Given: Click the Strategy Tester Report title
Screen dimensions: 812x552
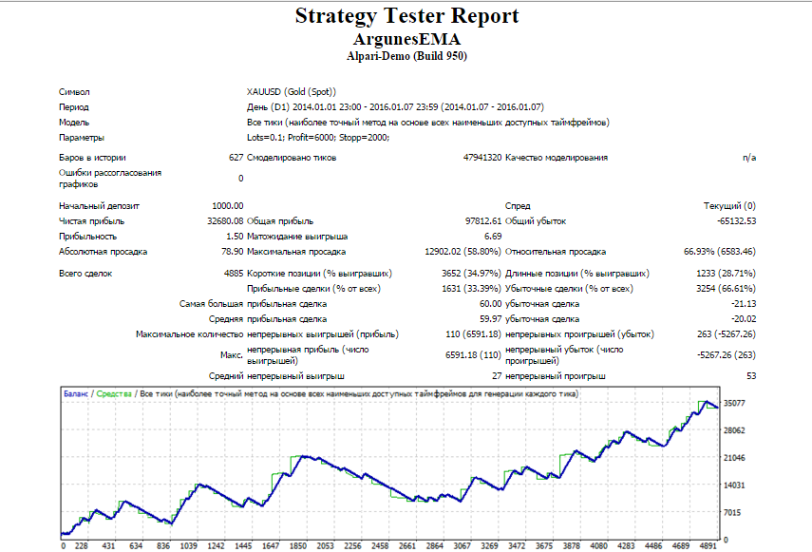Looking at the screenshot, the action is [x=406, y=16].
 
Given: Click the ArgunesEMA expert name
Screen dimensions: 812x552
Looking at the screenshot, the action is [x=406, y=39].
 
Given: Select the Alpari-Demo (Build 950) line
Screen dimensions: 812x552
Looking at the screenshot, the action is [x=406, y=56].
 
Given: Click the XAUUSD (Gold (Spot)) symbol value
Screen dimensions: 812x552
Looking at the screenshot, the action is [x=292, y=91].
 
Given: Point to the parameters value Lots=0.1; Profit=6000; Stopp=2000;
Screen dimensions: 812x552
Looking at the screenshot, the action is [x=318, y=137].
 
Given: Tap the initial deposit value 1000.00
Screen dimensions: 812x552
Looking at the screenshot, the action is [x=227, y=205].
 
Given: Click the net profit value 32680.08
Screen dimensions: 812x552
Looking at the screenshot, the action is [x=225, y=221].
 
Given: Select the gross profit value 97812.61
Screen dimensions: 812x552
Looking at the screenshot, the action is [x=483, y=221].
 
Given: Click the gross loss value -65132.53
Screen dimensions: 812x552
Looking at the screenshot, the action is [x=736, y=221].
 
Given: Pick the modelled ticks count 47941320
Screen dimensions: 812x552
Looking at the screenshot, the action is [x=482, y=158].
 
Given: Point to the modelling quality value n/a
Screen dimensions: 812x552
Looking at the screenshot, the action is [x=748, y=158].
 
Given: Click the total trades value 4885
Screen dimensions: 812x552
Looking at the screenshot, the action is [x=233, y=274].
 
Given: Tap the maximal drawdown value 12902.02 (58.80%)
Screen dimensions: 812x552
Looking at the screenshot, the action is [x=463, y=252].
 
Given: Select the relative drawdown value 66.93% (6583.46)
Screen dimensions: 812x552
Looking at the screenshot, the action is [x=720, y=252].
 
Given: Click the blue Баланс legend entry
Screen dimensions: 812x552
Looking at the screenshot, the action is [x=76, y=394].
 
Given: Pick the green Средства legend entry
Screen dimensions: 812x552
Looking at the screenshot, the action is [x=114, y=394].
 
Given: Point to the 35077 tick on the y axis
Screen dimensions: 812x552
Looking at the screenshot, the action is [x=734, y=403].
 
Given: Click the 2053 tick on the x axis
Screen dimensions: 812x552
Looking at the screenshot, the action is [x=325, y=545].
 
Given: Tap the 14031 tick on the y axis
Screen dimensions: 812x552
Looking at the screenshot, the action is [x=734, y=485].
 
